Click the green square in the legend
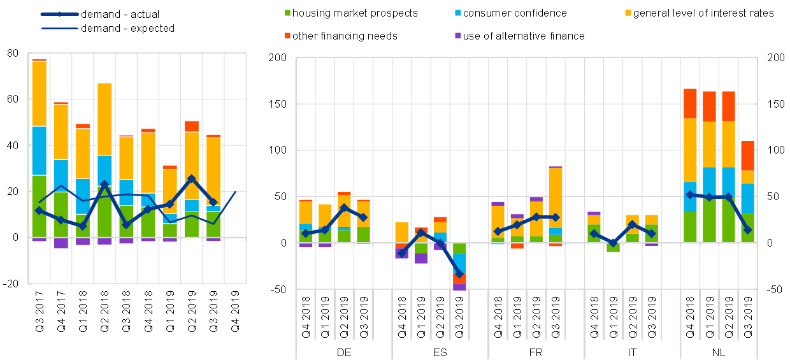pyautogui.click(x=287, y=13)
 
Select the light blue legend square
pyautogui.click(x=457, y=13)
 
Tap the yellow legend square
pyautogui.click(x=628, y=13)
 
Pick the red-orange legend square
pyautogui.click(x=287, y=36)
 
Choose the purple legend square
pyautogui.click(x=457, y=36)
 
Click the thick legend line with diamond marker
pyautogui.click(x=59, y=13)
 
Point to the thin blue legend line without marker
pyautogui.click(x=59, y=28)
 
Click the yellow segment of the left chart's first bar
pyautogui.click(x=39, y=94)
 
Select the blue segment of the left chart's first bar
pyautogui.click(x=39, y=150)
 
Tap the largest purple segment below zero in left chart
pyautogui.click(x=61, y=243)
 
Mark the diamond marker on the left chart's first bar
pyautogui.click(x=39, y=210)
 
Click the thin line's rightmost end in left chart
pyautogui.click(x=235, y=192)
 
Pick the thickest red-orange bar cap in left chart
pyautogui.click(x=192, y=126)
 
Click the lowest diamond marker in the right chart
pyautogui.click(x=459, y=273)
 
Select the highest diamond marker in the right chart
pyautogui.click(x=690, y=195)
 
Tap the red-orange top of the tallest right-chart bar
pyautogui.click(x=690, y=103)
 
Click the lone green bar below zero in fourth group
pyautogui.click(x=613, y=247)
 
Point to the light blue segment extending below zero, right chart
pyautogui.click(x=459, y=263)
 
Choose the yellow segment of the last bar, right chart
pyautogui.click(x=747, y=176)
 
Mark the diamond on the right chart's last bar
pyautogui.click(x=747, y=229)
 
